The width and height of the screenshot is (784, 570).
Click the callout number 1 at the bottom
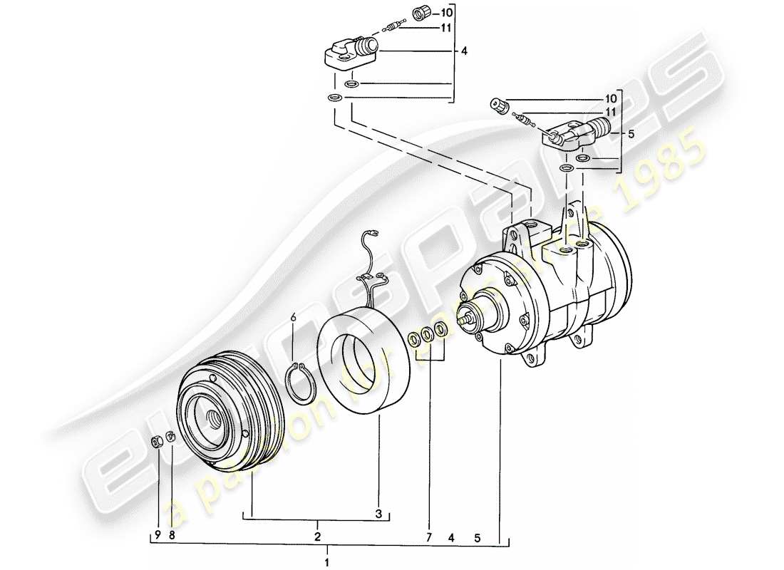327,559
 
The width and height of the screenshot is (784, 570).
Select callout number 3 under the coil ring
379,513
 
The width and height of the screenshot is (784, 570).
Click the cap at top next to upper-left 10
423,13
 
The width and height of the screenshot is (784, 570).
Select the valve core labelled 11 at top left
388,28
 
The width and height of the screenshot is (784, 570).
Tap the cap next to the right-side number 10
498,105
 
